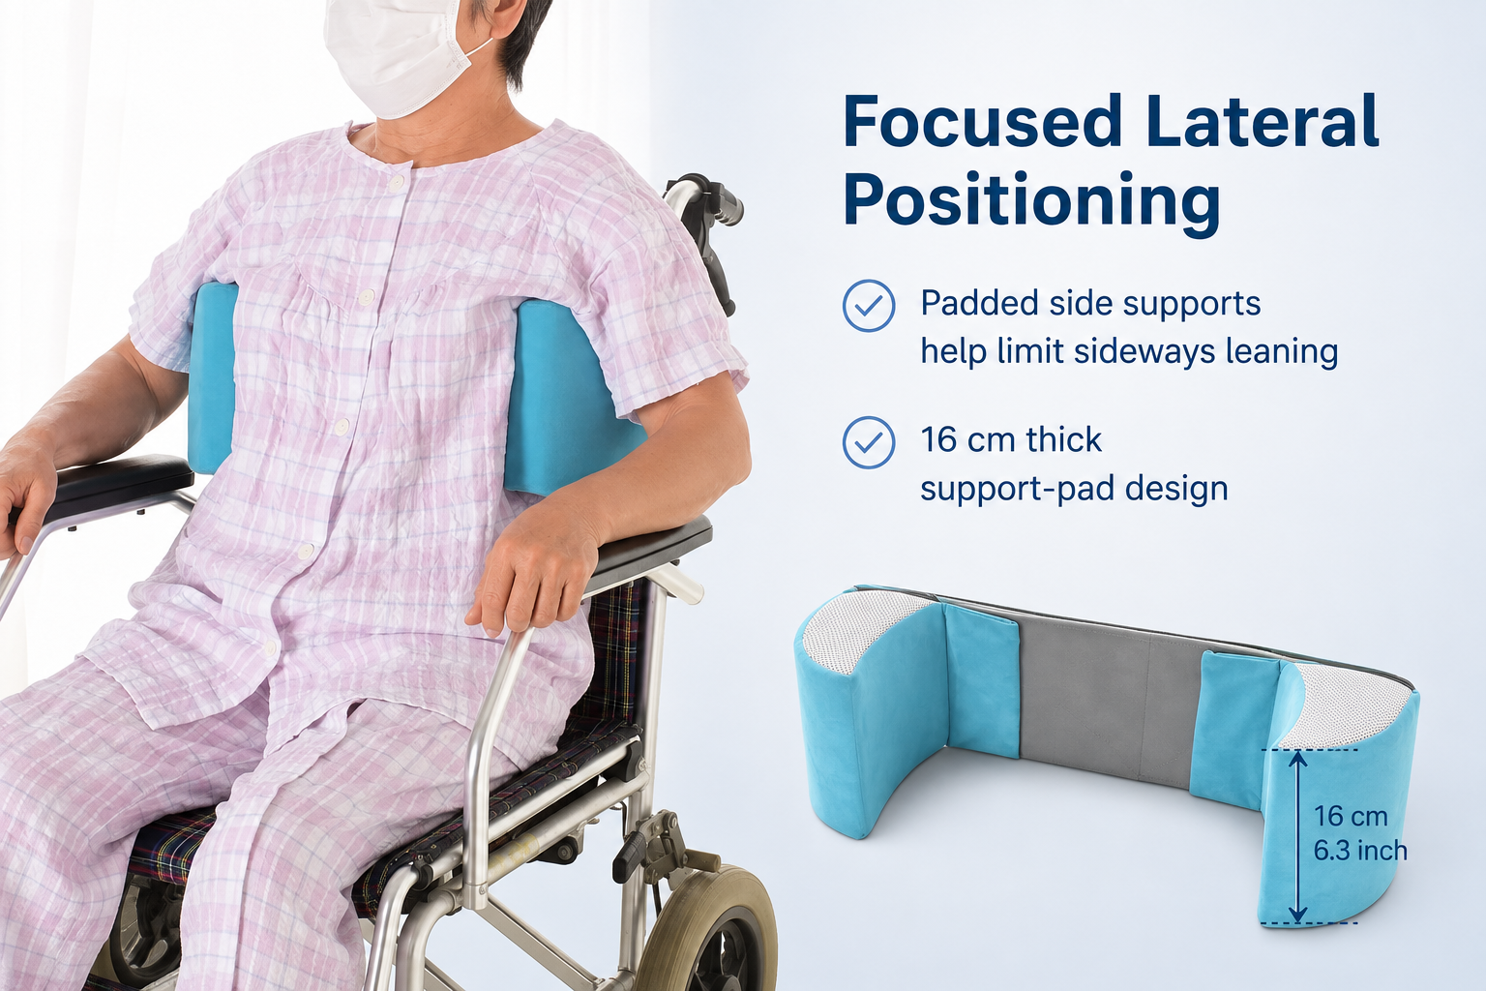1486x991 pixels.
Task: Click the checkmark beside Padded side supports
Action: point(869,305)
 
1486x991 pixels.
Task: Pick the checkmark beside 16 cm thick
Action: point(869,442)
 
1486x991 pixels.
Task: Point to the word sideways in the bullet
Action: point(1145,351)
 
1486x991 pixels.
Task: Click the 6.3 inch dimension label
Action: point(1360,851)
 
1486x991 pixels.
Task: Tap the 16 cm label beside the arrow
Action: point(1351,816)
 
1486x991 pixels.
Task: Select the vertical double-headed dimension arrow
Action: point(1298,836)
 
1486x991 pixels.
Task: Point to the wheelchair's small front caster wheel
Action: point(706,929)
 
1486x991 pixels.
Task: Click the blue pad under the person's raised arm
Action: point(571,399)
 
